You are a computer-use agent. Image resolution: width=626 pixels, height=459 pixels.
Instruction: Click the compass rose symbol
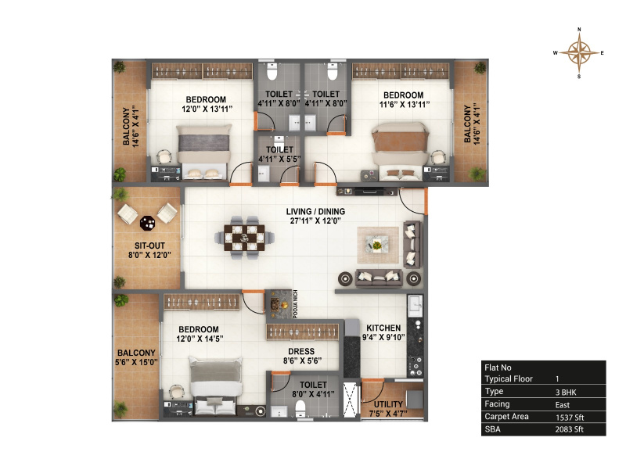579,52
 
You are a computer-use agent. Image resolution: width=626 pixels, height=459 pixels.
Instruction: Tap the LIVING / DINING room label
315,216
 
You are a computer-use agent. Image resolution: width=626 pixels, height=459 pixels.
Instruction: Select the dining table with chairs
244,238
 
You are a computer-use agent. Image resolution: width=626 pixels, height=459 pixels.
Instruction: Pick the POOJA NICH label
296,304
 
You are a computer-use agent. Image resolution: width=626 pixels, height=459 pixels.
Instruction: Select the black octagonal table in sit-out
147,223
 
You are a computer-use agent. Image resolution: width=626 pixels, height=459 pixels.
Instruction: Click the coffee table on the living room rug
377,245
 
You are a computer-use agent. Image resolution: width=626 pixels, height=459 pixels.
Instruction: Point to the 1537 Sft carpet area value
570,418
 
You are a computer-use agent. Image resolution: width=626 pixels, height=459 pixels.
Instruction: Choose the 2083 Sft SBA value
570,429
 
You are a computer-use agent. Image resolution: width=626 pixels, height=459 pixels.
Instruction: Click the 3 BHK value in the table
566,393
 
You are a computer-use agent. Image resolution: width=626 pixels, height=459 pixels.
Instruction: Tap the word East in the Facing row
563,405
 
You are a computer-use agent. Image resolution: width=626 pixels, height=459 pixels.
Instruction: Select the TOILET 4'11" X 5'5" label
279,154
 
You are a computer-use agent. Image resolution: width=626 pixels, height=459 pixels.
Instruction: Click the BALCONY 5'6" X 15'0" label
136,357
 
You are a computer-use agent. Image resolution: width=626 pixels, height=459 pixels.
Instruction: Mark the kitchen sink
416,306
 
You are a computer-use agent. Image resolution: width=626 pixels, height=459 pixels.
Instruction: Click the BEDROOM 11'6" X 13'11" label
404,99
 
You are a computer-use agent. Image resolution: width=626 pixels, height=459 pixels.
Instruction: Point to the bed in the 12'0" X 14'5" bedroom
216,385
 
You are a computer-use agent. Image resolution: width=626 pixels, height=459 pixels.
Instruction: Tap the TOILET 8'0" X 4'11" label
313,389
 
